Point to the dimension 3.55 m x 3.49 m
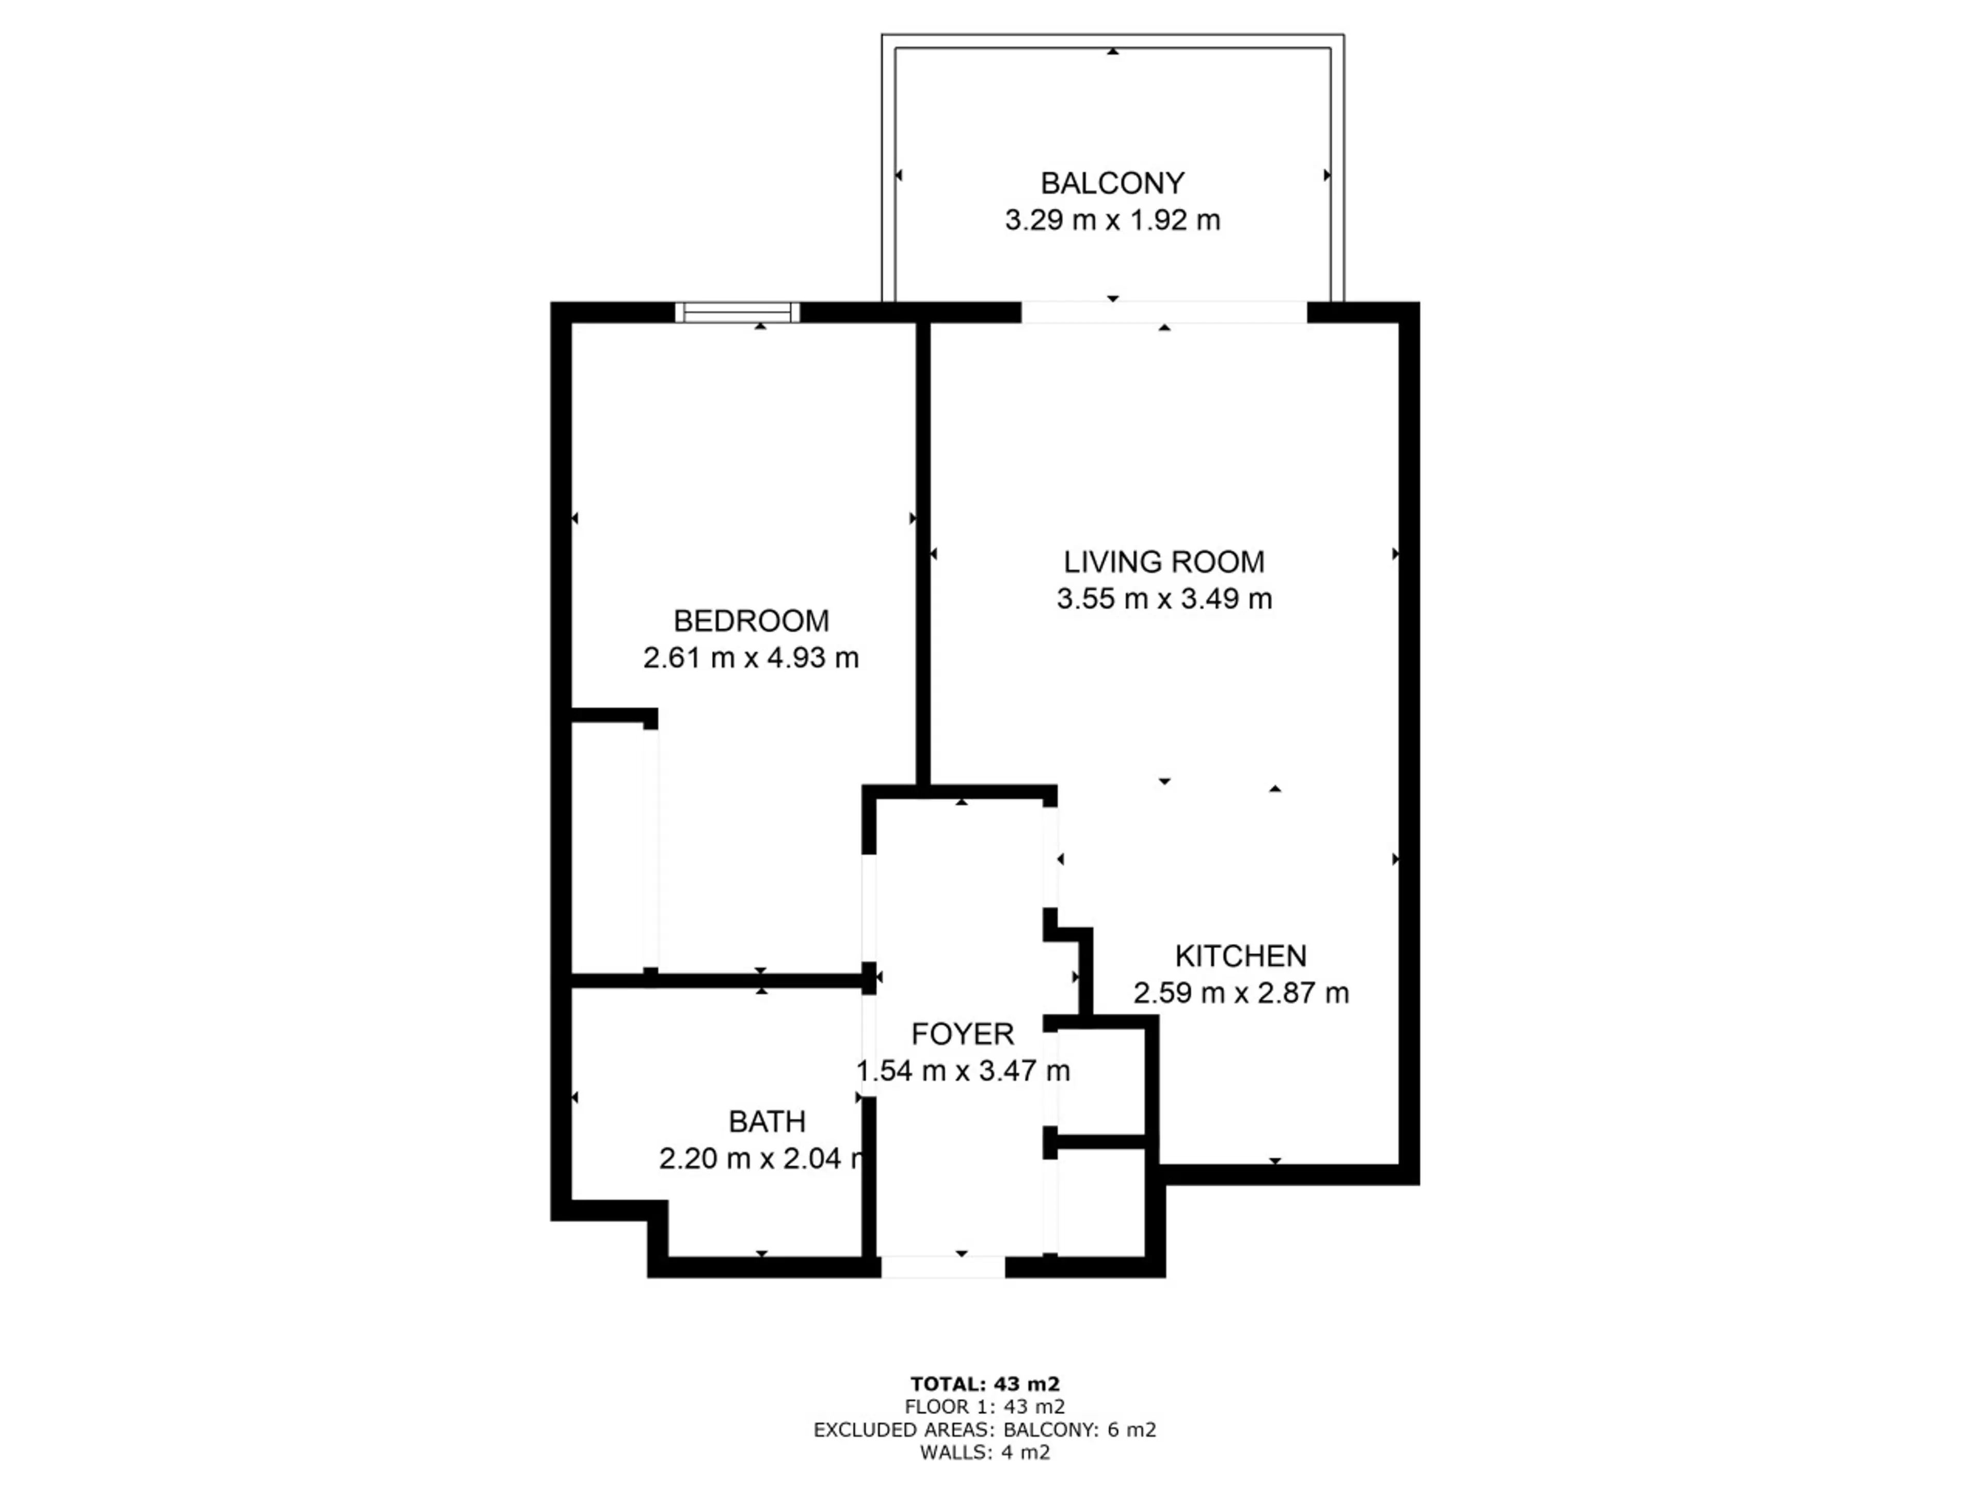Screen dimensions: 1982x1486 [1164, 599]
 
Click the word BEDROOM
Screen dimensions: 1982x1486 [751, 621]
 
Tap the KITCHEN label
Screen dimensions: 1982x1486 [1241, 957]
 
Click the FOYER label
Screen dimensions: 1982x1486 [962, 1035]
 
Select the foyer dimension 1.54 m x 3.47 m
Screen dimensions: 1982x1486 [962, 1071]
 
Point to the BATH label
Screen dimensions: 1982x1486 [767, 1121]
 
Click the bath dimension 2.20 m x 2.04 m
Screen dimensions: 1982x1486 [762, 1159]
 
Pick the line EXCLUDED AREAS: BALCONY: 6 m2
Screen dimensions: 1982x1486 [985, 1430]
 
